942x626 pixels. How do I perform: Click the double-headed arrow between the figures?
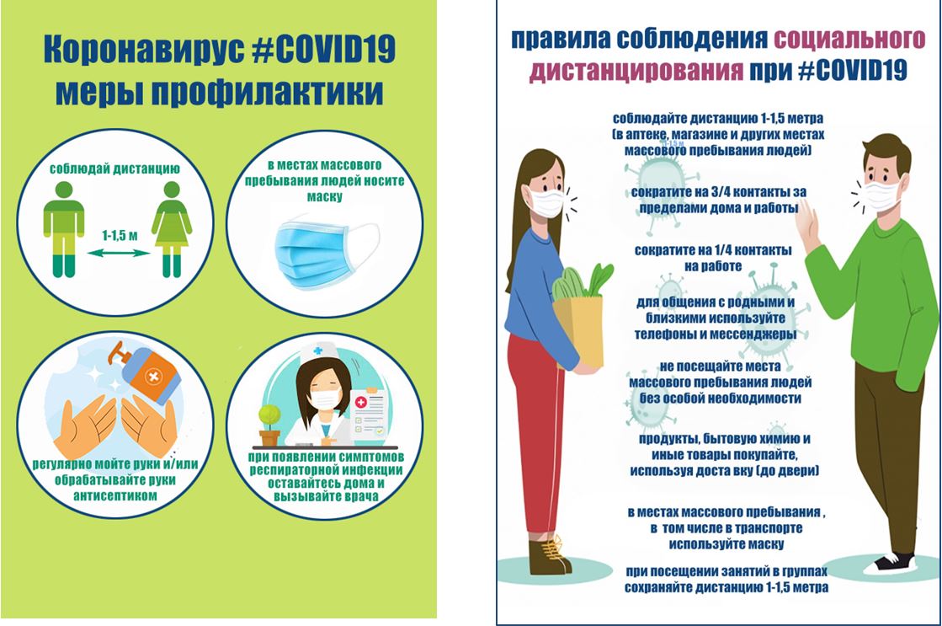pyautogui.click(x=119, y=253)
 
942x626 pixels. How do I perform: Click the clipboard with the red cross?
pyautogui.click(x=370, y=415)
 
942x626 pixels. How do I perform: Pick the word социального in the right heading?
pyautogui.click(x=849, y=39)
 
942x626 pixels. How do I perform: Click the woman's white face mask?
pyautogui.click(x=546, y=202)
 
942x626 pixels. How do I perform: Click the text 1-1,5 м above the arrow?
pyautogui.click(x=119, y=236)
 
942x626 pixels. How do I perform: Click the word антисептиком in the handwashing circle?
pyautogui.click(x=114, y=496)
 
